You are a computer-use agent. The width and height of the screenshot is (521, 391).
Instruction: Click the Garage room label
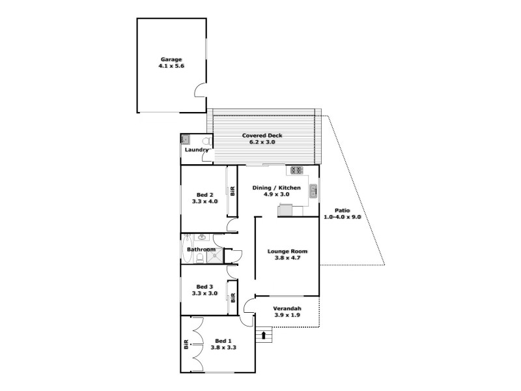pyautogui.click(x=171, y=59)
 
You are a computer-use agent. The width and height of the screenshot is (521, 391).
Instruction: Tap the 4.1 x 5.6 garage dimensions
pyautogui.click(x=171, y=66)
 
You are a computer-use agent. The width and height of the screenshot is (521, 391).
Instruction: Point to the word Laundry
pyautogui.click(x=195, y=150)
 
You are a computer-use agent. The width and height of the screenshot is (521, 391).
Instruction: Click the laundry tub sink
pyautogui.click(x=186, y=139)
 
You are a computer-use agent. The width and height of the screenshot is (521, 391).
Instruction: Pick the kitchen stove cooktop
pyautogui.click(x=297, y=171)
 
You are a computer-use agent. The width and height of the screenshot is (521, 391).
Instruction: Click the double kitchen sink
pyautogui.click(x=313, y=191)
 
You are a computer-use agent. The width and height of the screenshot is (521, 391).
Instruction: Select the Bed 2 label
pyautogui.click(x=204, y=195)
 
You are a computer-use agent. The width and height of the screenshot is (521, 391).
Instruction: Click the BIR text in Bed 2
pyautogui.click(x=232, y=191)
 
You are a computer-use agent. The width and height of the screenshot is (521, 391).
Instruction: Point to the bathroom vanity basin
pyautogui.click(x=201, y=238)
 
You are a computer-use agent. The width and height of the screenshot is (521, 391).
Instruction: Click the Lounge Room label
pyautogui.click(x=287, y=251)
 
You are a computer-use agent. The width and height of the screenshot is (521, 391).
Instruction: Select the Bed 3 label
pyautogui.click(x=204, y=287)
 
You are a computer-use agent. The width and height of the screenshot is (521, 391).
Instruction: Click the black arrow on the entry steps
pyautogui.click(x=264, y=335)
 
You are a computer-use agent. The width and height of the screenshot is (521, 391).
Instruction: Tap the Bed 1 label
pyautogui.click(x=223, y=341)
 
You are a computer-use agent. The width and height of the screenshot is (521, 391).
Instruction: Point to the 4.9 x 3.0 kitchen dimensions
pyautogui.click(x=276, y=194)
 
